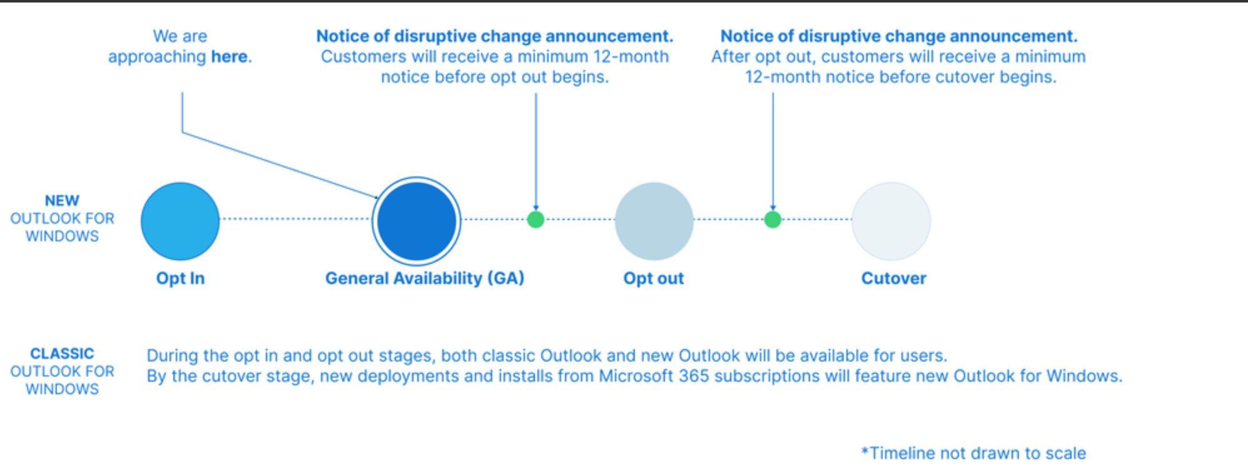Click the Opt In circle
coord(180,221)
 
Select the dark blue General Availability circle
coord(417,221)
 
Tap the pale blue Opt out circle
coord(654,221)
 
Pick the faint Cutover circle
coord(891,221)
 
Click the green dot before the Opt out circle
coord(535,220)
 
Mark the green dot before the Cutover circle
coord(773,220)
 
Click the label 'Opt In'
coord(180,278)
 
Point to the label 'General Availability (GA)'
coord(425,278)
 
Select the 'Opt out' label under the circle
coord(654,278)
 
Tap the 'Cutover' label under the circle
coord(894,278)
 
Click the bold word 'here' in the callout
coord(229,56)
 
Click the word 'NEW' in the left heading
coord(62,201)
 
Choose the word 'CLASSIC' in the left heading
coord(62,353)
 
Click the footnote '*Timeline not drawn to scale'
coord(973,453)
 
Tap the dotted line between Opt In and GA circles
coord(296,219)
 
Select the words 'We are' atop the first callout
coord(180,36)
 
